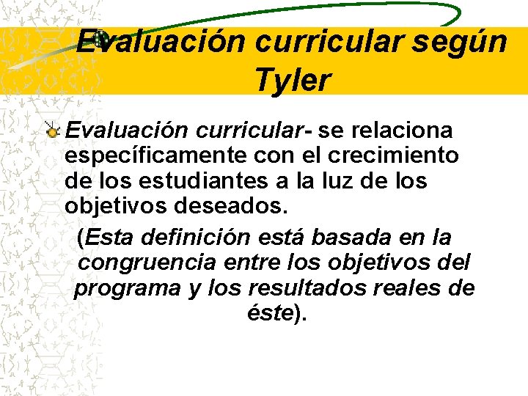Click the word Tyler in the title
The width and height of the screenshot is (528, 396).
(x=293, y=80)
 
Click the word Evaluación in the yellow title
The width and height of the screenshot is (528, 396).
(x=161, y=42)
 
